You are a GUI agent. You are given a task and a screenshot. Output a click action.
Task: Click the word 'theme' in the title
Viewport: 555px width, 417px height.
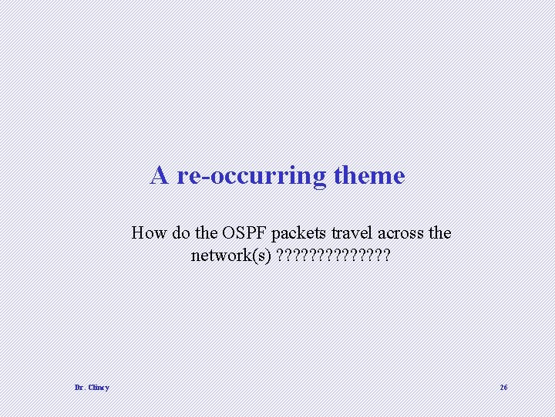369,176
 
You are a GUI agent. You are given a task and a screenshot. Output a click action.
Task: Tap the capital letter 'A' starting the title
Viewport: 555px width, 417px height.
160,175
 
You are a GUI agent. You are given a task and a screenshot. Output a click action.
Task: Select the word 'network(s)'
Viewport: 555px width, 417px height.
230,256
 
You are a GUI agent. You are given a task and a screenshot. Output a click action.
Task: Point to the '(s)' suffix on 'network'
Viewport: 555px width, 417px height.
262,256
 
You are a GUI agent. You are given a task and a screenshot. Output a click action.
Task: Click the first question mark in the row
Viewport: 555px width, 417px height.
280,256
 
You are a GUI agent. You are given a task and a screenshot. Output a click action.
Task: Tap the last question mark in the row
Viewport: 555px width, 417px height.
386,256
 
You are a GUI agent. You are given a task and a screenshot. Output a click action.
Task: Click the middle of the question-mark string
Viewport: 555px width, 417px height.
333,256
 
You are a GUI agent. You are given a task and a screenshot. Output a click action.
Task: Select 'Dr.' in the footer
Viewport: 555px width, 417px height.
79,388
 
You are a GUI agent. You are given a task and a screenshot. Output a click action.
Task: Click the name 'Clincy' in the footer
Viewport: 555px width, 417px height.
98,388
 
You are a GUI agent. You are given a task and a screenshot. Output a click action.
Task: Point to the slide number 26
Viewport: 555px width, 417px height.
503,388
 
